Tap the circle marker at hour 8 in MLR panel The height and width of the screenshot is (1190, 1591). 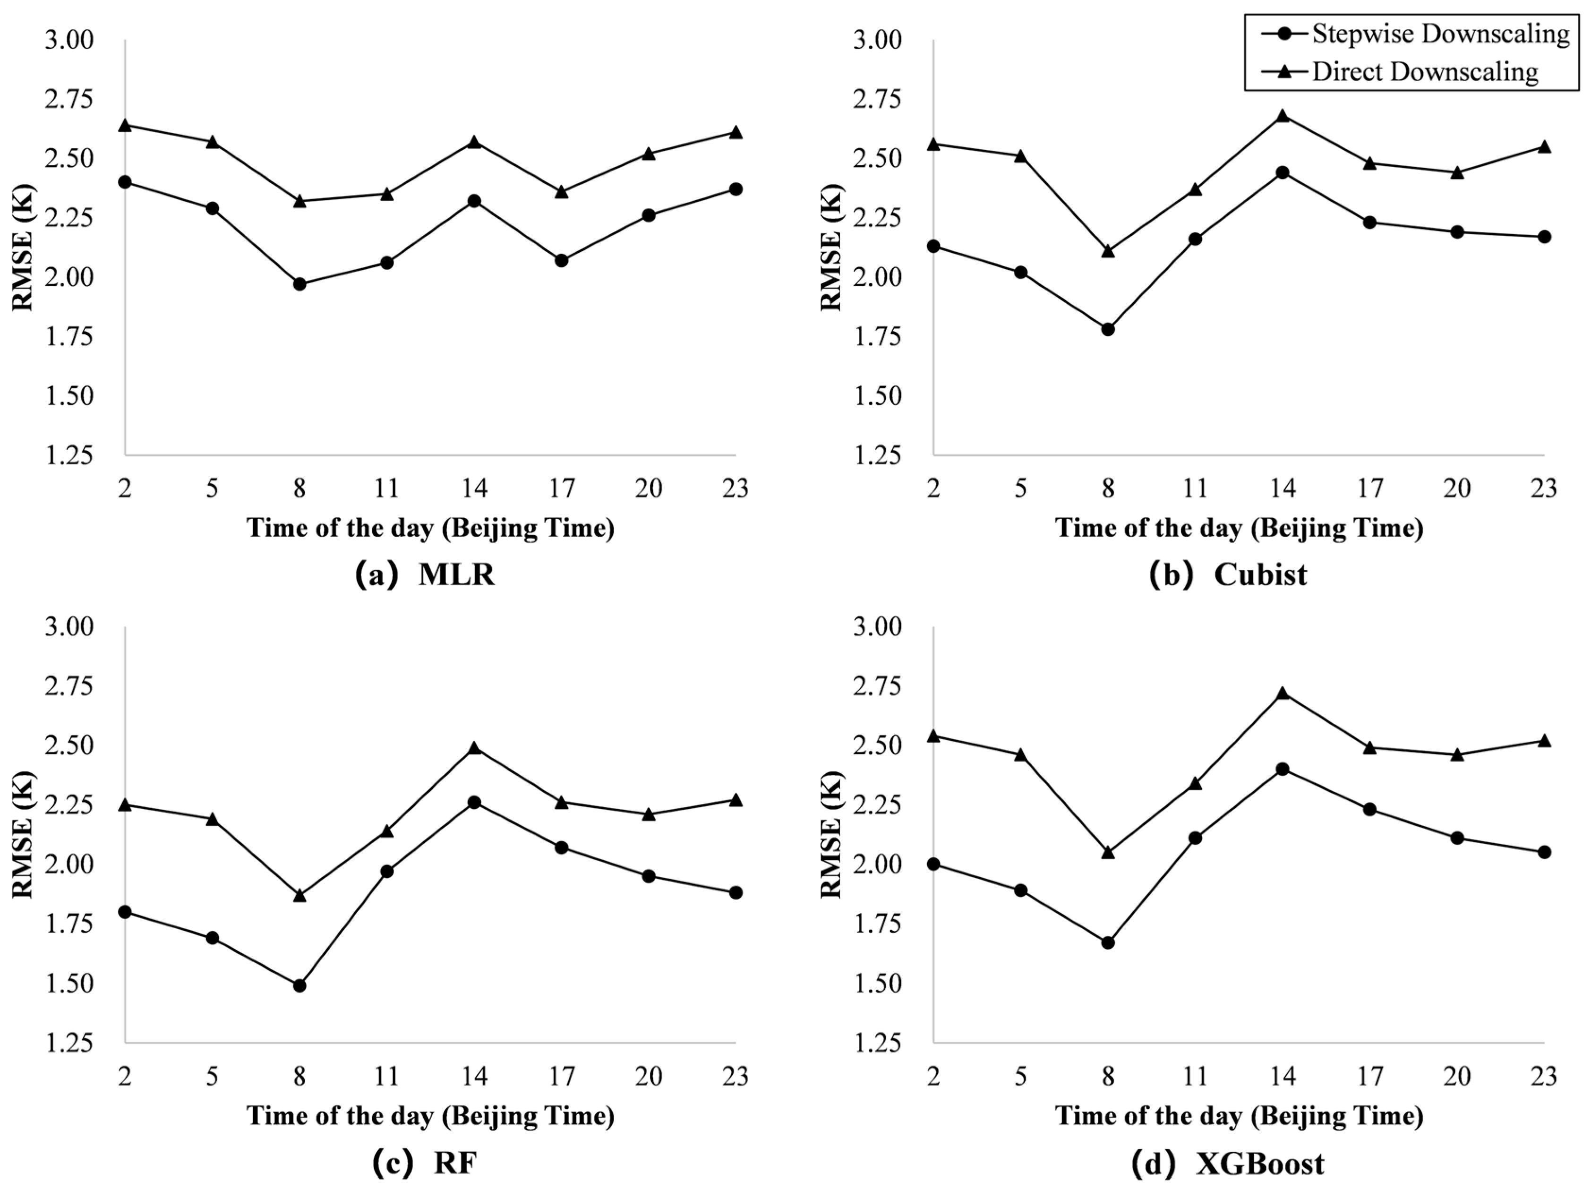click(300, 284)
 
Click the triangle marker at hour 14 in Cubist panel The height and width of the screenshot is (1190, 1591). click(1283, 116)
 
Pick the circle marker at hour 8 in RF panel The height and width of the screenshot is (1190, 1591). click(300, 985)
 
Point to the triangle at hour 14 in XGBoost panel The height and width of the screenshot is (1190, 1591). click(1283, 693)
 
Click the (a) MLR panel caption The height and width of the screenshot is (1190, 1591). click(425, 575)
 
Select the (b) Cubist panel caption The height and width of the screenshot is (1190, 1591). click(1227, 575)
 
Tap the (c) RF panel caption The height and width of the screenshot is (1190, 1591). click(425, 1162)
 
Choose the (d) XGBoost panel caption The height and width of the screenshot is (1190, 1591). click(1227, 1162)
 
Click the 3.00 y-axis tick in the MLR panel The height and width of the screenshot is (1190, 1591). click(69, 40)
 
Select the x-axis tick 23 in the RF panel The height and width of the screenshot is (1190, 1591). click(735, 1076)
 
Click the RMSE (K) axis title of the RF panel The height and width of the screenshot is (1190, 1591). click(23, 835)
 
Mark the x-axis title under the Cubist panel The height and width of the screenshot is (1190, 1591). click(1239, 528)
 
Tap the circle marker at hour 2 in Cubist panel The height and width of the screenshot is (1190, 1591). click(933, 246)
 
